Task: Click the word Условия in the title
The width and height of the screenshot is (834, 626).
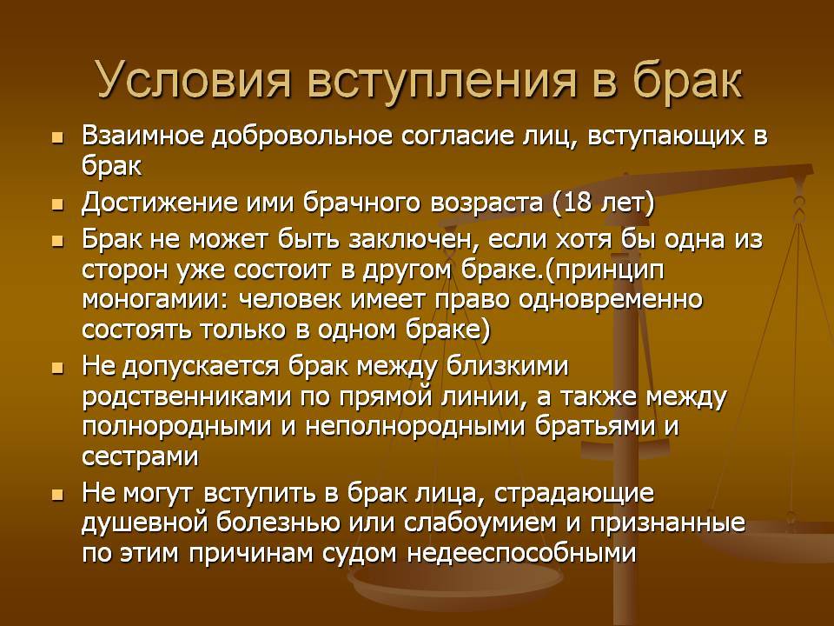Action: point(194,81)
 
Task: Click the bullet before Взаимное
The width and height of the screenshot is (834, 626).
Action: point(57,139)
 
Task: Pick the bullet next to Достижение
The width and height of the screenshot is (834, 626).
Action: point(57,205)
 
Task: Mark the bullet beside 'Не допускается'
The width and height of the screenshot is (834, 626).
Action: point(57,369)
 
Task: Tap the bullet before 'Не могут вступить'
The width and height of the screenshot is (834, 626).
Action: point(57,496)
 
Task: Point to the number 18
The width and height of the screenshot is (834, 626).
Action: point(578,203)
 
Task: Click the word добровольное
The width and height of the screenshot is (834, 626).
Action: point(302,137)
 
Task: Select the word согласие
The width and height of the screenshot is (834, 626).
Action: point(459,137)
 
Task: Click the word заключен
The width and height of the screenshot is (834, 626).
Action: point(410,241)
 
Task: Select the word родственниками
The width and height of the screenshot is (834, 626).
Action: point(187,397)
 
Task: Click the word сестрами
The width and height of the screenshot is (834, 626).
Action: point(141,457)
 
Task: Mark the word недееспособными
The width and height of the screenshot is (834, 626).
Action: point(521,554)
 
